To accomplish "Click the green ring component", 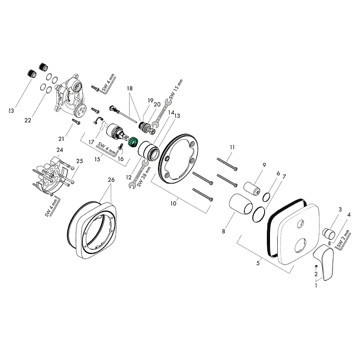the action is point(132,142).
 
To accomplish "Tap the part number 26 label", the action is point(111,180).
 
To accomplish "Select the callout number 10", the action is point(173,203).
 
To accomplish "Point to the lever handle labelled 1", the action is point(324,262).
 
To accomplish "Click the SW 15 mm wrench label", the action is point(176,89).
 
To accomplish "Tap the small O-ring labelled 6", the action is point(266,197).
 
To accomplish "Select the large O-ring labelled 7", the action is point(258,214).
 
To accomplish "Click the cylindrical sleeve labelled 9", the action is point(252,189).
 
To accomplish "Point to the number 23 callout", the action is point(11,111).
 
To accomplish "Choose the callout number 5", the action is point(258,263).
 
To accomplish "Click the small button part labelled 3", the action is point(329,232).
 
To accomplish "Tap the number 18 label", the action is point(130,88).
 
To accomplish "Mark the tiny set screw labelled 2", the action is point(316,266).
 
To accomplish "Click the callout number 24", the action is point(60,150).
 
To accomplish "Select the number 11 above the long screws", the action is point(232,147).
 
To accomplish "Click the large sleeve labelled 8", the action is point(241,204).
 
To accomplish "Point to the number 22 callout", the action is point(28,120).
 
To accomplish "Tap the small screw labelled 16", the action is point(121,147).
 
